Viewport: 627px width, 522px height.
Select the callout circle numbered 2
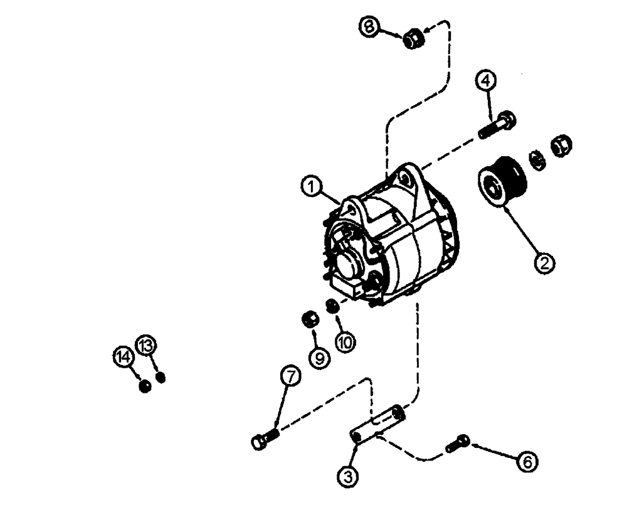(x=544, y=262)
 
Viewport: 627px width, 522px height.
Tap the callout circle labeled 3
(x=349, y=477)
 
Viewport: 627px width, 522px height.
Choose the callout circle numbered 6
(x=527, y=462)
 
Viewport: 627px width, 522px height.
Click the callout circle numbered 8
(x=369, y=28)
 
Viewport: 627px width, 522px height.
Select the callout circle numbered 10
(x=345, y=341)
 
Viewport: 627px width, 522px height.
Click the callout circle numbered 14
(x=124, y=357)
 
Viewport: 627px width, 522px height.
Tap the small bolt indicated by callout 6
(x=458, y=444)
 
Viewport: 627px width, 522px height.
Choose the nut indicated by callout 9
(x=310, y=319)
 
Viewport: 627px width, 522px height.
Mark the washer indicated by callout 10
(x=333, y=306)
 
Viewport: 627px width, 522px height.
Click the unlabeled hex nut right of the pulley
(x=560, y=147)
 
